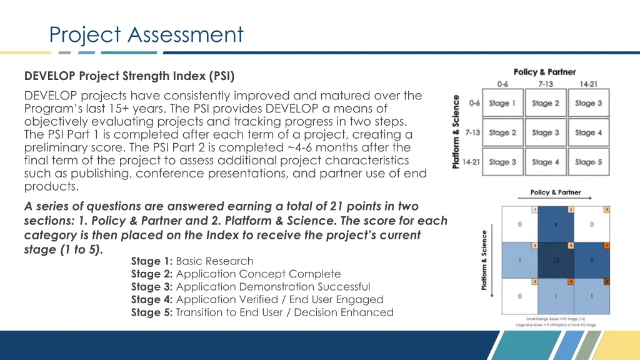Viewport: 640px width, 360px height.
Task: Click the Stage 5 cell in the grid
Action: [589, 162]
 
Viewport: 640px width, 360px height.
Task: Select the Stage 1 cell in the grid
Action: [502, 103]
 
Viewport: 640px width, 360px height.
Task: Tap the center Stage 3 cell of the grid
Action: [546, 132]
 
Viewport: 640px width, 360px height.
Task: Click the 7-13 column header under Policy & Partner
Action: [546, 84]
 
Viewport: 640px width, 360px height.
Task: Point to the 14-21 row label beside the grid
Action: [472, 162]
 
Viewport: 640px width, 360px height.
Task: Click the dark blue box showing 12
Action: [556, 260]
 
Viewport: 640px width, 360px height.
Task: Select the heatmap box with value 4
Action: [556, 224]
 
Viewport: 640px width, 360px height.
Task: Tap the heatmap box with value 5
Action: [592, 260]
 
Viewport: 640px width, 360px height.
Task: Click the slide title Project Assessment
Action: [146, 34]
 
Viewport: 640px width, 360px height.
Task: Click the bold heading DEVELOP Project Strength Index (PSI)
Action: [129, 76]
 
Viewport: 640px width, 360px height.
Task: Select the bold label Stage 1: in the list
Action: [152, 261]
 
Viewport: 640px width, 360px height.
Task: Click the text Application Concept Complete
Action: [259, 274]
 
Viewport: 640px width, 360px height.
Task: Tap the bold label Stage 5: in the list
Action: [152, 312]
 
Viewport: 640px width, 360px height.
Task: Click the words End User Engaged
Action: [344, 299]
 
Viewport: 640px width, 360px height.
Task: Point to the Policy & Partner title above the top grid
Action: [544, 72]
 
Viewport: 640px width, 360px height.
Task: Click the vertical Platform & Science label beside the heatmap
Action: [484, 260]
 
